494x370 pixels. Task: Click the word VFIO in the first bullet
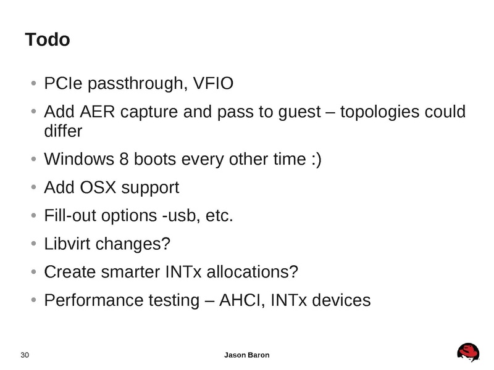pos(212,83)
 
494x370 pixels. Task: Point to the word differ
pos(62,131)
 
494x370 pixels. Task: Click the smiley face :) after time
pos(314,159)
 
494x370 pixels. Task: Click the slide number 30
pos(25,355)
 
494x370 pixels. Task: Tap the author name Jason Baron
pos(246,355)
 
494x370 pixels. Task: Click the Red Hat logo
pos(469,352)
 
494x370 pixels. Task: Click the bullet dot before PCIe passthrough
pos(33,84)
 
